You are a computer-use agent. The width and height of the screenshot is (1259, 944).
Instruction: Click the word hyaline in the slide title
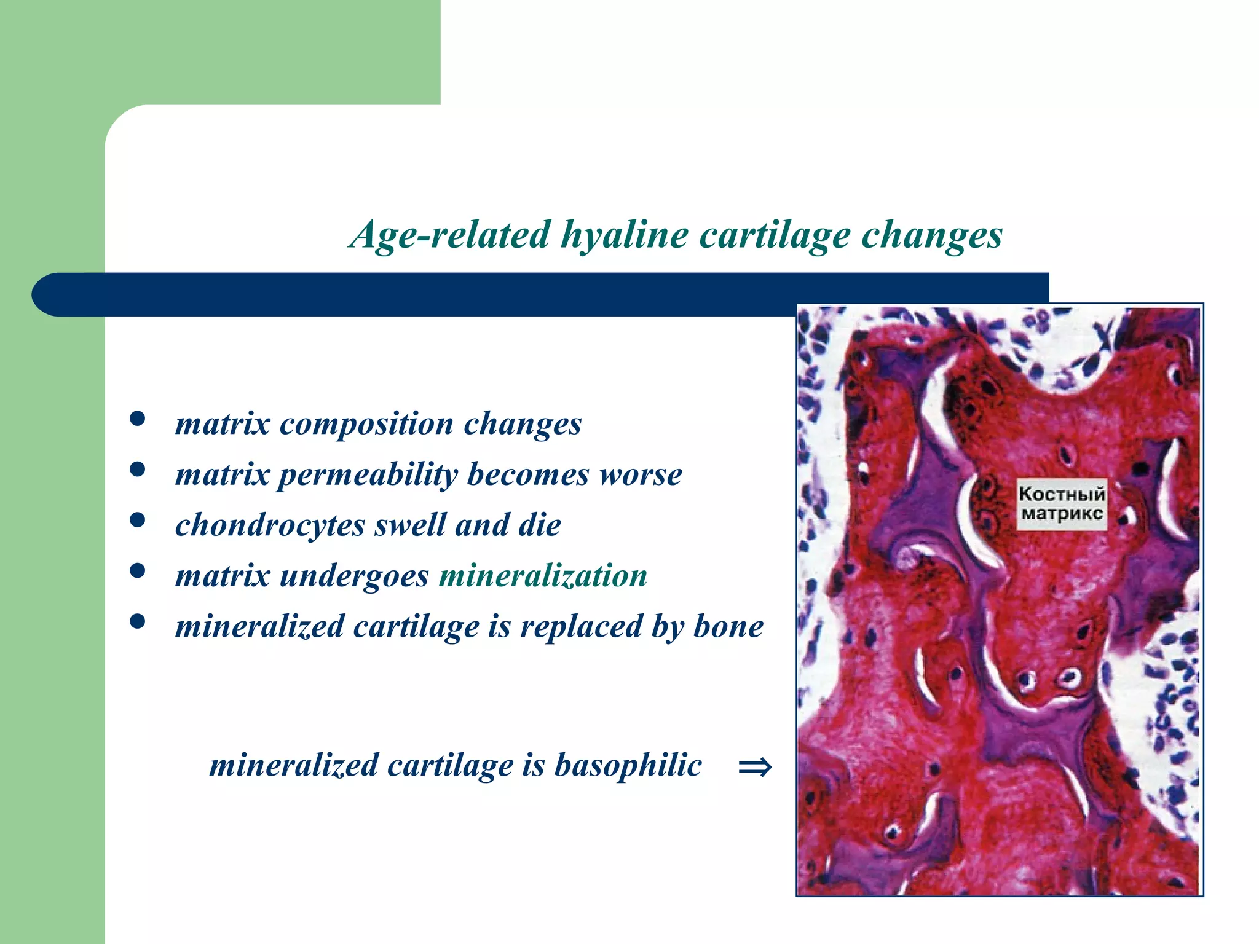(624, 235)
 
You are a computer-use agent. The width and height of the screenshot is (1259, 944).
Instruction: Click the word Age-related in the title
(449, 235)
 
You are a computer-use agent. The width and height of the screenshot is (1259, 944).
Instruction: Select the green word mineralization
(543, 576)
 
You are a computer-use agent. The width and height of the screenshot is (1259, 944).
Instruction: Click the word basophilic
(628, 765)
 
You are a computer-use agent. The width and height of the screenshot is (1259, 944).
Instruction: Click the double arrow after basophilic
(754, 767)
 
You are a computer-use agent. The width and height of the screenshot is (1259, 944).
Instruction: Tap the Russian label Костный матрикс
(1061, 504)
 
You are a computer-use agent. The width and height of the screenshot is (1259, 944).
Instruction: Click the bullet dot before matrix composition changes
(138, 420)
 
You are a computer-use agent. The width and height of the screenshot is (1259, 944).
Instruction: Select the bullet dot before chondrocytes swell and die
(138, 521)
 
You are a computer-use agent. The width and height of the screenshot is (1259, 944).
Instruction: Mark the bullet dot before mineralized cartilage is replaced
(138, 622)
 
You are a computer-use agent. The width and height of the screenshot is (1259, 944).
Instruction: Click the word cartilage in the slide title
(775, 235)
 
